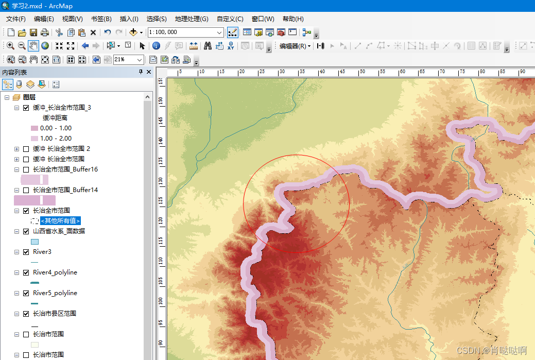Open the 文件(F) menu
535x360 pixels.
coord(16,19)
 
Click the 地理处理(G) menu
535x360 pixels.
coord(191,19)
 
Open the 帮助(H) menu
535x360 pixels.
coord(293,19)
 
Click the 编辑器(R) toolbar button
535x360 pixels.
coord(295,46)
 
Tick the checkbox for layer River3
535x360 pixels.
coord(26,252)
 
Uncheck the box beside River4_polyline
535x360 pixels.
coord(26,272)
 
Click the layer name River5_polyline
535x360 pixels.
coord(55,293)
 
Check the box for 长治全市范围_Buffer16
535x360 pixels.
coord(26,169)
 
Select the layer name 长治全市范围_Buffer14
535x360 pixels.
coord(65,190)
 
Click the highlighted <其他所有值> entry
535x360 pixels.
coord(61,221)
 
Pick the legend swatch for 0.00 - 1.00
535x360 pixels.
coord(34,128)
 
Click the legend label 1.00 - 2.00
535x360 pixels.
coord(56,139)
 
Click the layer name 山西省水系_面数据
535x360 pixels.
coord(59,231)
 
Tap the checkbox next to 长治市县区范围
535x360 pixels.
coord(26,314)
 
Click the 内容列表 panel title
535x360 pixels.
coord(14,73)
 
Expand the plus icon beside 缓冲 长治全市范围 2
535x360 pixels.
coord(17,149)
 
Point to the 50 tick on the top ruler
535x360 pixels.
coord(362,72)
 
